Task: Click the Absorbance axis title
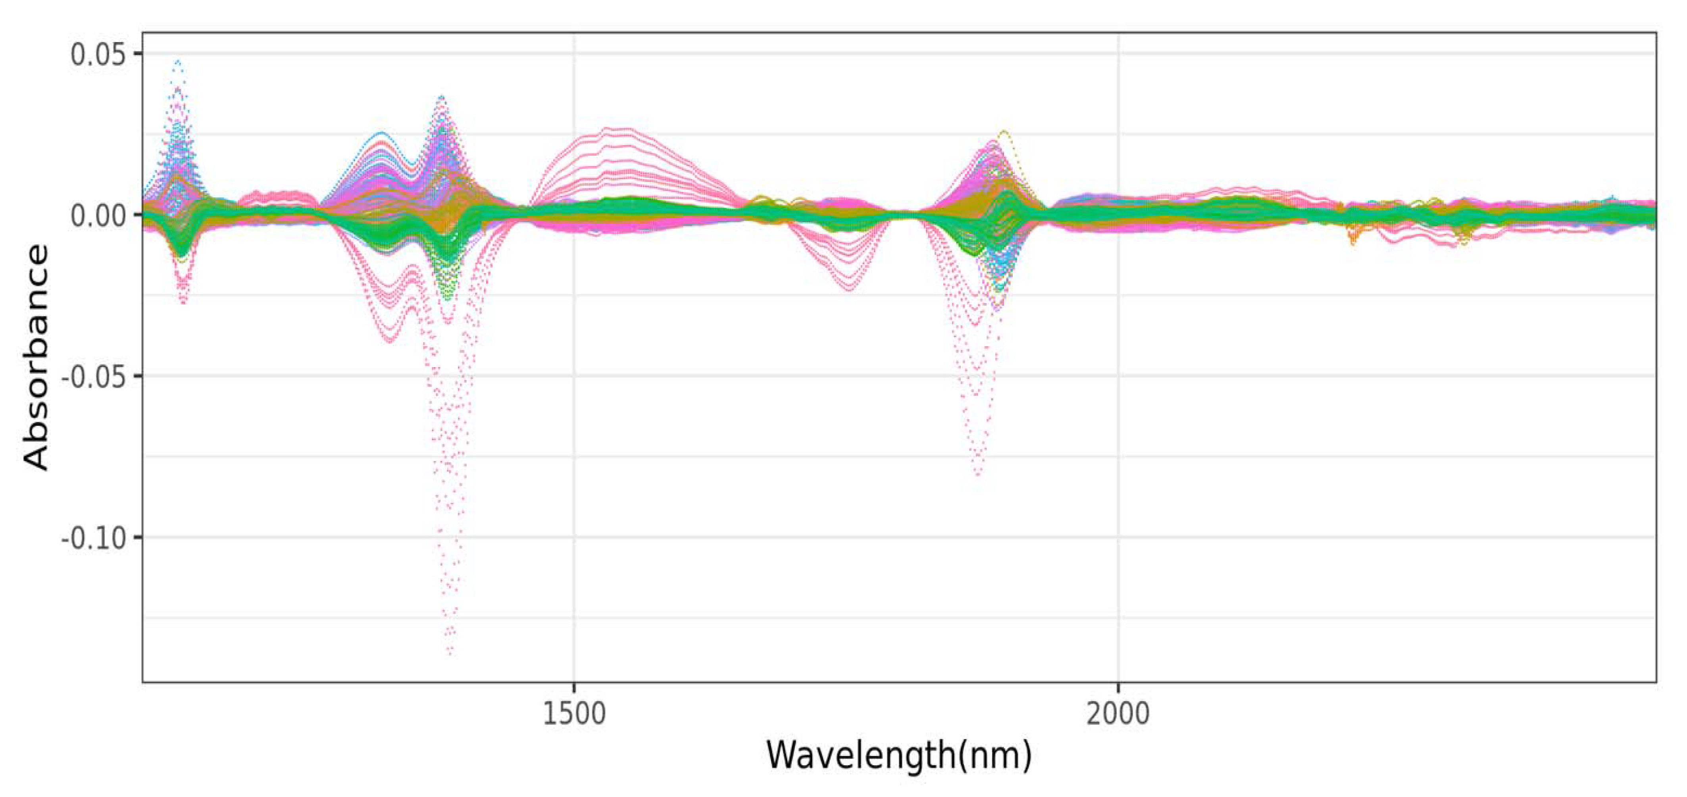(x=36, y=357)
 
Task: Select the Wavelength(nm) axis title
(x=898, y=755)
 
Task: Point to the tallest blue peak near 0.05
(x=177, y=61)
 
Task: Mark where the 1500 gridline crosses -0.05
(x=574, y=376)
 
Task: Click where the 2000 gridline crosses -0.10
(x=1117, y=537)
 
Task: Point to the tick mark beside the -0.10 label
(x=138, y=537)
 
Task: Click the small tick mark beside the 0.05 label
(x=138, y=54)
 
